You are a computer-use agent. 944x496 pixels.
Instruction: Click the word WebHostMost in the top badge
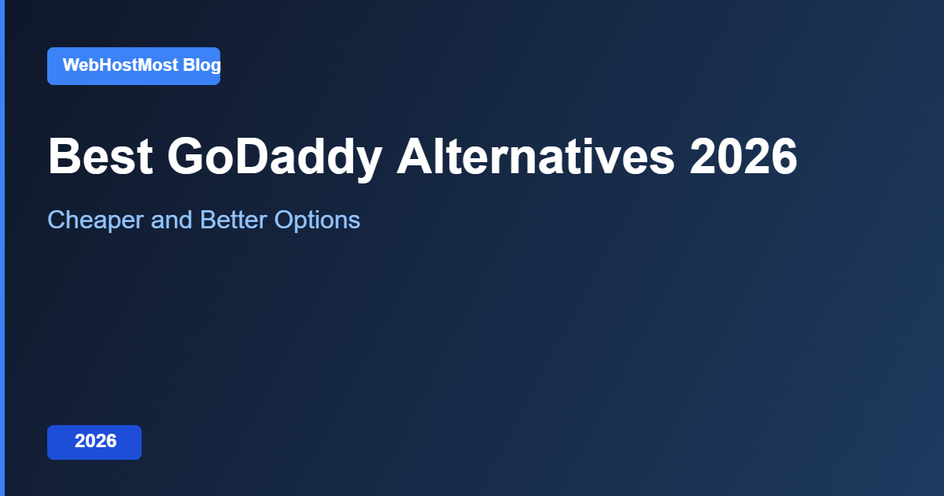click(120, 65)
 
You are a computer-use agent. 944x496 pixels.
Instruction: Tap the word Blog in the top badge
click(201, 65)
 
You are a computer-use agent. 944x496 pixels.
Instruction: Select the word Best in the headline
click(100, 157)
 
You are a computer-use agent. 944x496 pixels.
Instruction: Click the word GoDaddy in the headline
click(274, 157)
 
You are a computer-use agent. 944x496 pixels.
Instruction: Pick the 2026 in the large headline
click(743, 157)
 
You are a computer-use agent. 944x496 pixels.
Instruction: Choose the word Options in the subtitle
click(317, 220)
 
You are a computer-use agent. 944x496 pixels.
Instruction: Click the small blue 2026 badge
click(95, 442)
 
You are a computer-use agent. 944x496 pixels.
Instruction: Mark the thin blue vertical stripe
click(2, 248)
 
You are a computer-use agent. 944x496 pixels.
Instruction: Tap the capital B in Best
click(65, 157)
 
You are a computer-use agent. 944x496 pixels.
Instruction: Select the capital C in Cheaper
click(57, 220)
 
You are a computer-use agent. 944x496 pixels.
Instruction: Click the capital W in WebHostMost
click(71, 65)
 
